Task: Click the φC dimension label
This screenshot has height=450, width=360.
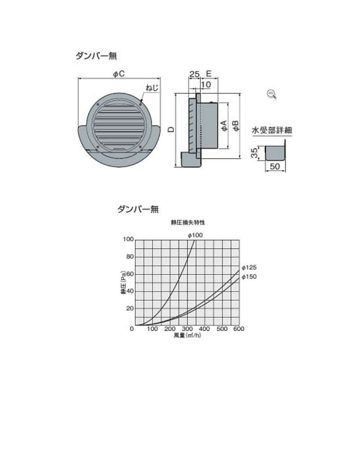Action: point(119,74)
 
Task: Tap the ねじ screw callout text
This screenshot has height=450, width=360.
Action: point(152,87)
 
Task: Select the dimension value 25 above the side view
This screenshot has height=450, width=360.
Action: point(194,74)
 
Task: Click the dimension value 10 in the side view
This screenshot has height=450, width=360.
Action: point(206,85)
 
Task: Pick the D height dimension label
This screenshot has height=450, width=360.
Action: point(171,130)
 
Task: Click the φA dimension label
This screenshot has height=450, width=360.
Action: point(224,126)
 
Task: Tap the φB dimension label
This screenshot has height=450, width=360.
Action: point(236,126)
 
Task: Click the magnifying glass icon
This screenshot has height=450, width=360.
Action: point(272,94)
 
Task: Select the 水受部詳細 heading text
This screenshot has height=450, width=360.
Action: point(272,130)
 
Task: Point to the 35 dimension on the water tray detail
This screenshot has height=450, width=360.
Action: point(254,153)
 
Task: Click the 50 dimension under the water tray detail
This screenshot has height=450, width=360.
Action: point(275,166)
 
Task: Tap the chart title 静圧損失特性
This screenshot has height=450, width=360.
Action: point(188,222)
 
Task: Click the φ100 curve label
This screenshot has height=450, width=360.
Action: point(195,235)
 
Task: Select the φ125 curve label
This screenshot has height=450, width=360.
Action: point(249,267)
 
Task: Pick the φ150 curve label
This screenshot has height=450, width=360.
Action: point(249,277)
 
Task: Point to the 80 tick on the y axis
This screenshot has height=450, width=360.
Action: point(130,256)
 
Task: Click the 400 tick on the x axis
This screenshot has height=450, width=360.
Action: point(204,328)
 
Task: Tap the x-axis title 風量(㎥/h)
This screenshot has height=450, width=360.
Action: point(187,335)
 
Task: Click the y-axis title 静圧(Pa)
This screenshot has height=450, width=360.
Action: point(123,283)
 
